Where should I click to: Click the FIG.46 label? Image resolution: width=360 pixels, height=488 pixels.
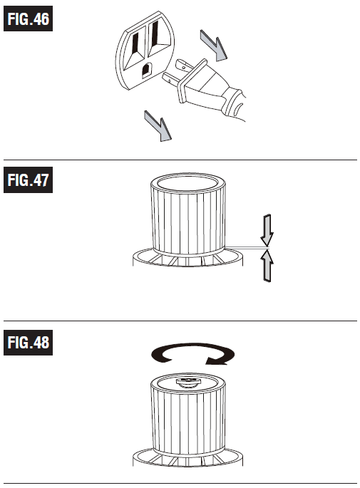click(x=28, y=19)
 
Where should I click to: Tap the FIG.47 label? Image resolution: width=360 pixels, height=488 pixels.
click(x=28, y=180)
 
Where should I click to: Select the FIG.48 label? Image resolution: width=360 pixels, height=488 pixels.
click(x=28, y=343)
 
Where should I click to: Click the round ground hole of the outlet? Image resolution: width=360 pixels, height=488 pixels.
click(x=147, y=70)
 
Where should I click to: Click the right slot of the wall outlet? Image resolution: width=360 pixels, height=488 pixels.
click(x=155, y=33)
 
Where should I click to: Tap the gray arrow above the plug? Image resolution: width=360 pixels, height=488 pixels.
click(x=214, y=46)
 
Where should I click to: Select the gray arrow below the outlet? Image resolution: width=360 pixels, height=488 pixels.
click(x=158, y=125)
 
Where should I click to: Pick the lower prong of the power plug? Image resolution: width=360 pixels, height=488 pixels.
click(x=170, y=78)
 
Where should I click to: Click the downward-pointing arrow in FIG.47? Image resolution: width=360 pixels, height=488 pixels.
click(x=267, y=230)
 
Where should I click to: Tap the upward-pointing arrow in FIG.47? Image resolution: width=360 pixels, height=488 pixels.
click(x=267, y=266)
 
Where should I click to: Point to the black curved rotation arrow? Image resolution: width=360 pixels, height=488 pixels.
click(x=192, y=354)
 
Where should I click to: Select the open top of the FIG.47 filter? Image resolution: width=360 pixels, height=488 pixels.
click(x=187, y=183)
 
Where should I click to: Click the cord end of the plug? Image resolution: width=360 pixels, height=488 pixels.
click(x=237, y=105)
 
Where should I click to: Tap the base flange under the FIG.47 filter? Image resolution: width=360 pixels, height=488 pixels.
click(x=187, y=258)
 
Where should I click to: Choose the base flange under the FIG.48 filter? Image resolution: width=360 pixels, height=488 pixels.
click(x=187, y=457)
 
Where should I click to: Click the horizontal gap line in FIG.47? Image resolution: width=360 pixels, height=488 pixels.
click(x=246, y=248)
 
